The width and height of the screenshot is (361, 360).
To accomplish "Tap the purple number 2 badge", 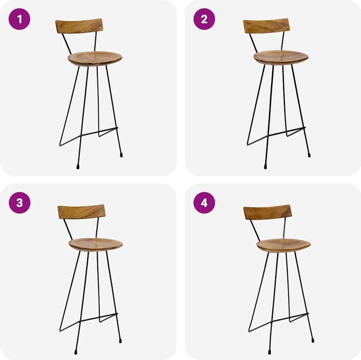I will click(204, 20).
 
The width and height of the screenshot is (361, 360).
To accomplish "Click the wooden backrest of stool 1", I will click(79, 26).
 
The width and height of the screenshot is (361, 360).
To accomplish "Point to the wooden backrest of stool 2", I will click(266, 26).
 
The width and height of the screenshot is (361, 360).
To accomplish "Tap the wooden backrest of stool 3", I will click(81, 212).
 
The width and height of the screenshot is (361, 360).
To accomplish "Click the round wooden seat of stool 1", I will click(95, 58).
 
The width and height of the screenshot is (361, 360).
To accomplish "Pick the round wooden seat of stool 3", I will click(95, 244).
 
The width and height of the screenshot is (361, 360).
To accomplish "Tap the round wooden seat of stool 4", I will click(283, 245).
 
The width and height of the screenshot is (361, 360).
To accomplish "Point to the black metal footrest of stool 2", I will click(286, 132).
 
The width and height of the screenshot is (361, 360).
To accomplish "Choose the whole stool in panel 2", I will click(279, 90).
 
